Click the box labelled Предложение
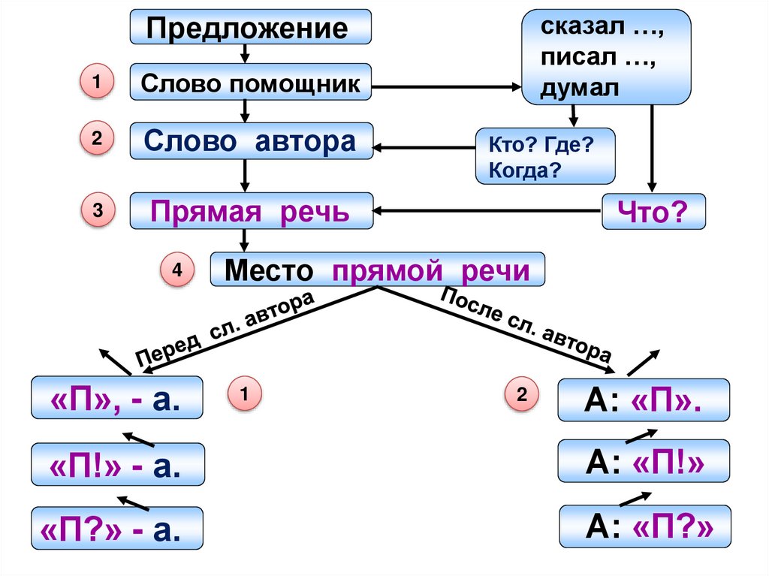[x=251, y=29]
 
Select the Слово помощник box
[x=251, y=82]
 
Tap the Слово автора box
[x=251, y=141]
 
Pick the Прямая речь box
[x=251, y=211]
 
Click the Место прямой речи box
[x=377, y=269]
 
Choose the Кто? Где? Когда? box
[x=544, y=155]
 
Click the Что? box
[x=654, y=213]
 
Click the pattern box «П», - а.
[x=116, y=398]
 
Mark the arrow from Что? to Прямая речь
[x=488, y=210]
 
